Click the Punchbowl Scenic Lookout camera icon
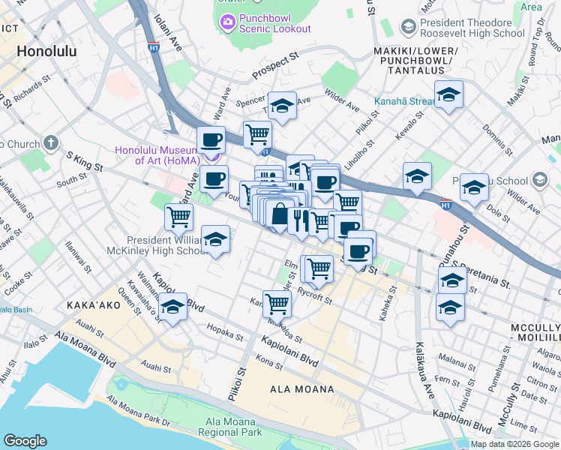tap(228, 22)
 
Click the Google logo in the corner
tap(25, 441)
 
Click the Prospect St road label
tap(275, 66)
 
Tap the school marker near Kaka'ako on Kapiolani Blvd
tap(172, 307)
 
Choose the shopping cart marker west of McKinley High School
tap(179, 217)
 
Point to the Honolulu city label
tap(46, 52)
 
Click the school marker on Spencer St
tap(282, 106)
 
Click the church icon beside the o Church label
tap(51, 143)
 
